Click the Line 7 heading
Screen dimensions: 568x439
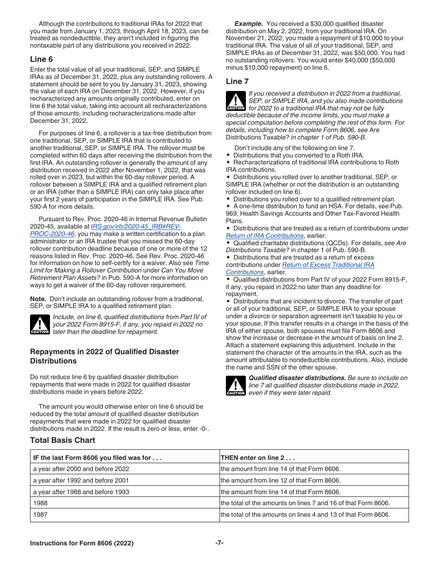[234, 81]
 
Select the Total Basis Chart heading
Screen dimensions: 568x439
[62, 440]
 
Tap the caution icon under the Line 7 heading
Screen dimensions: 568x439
[236, 101]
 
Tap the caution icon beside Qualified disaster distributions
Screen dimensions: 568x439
[236, 386]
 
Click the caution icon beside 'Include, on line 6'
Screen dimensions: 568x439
[40, 324]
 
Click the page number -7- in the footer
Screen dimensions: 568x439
[219, 543]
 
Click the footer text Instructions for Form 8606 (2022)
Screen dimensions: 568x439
[82, 544]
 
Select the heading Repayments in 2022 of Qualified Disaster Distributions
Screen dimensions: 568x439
[104, 356]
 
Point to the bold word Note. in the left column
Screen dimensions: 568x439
[38, 299]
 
